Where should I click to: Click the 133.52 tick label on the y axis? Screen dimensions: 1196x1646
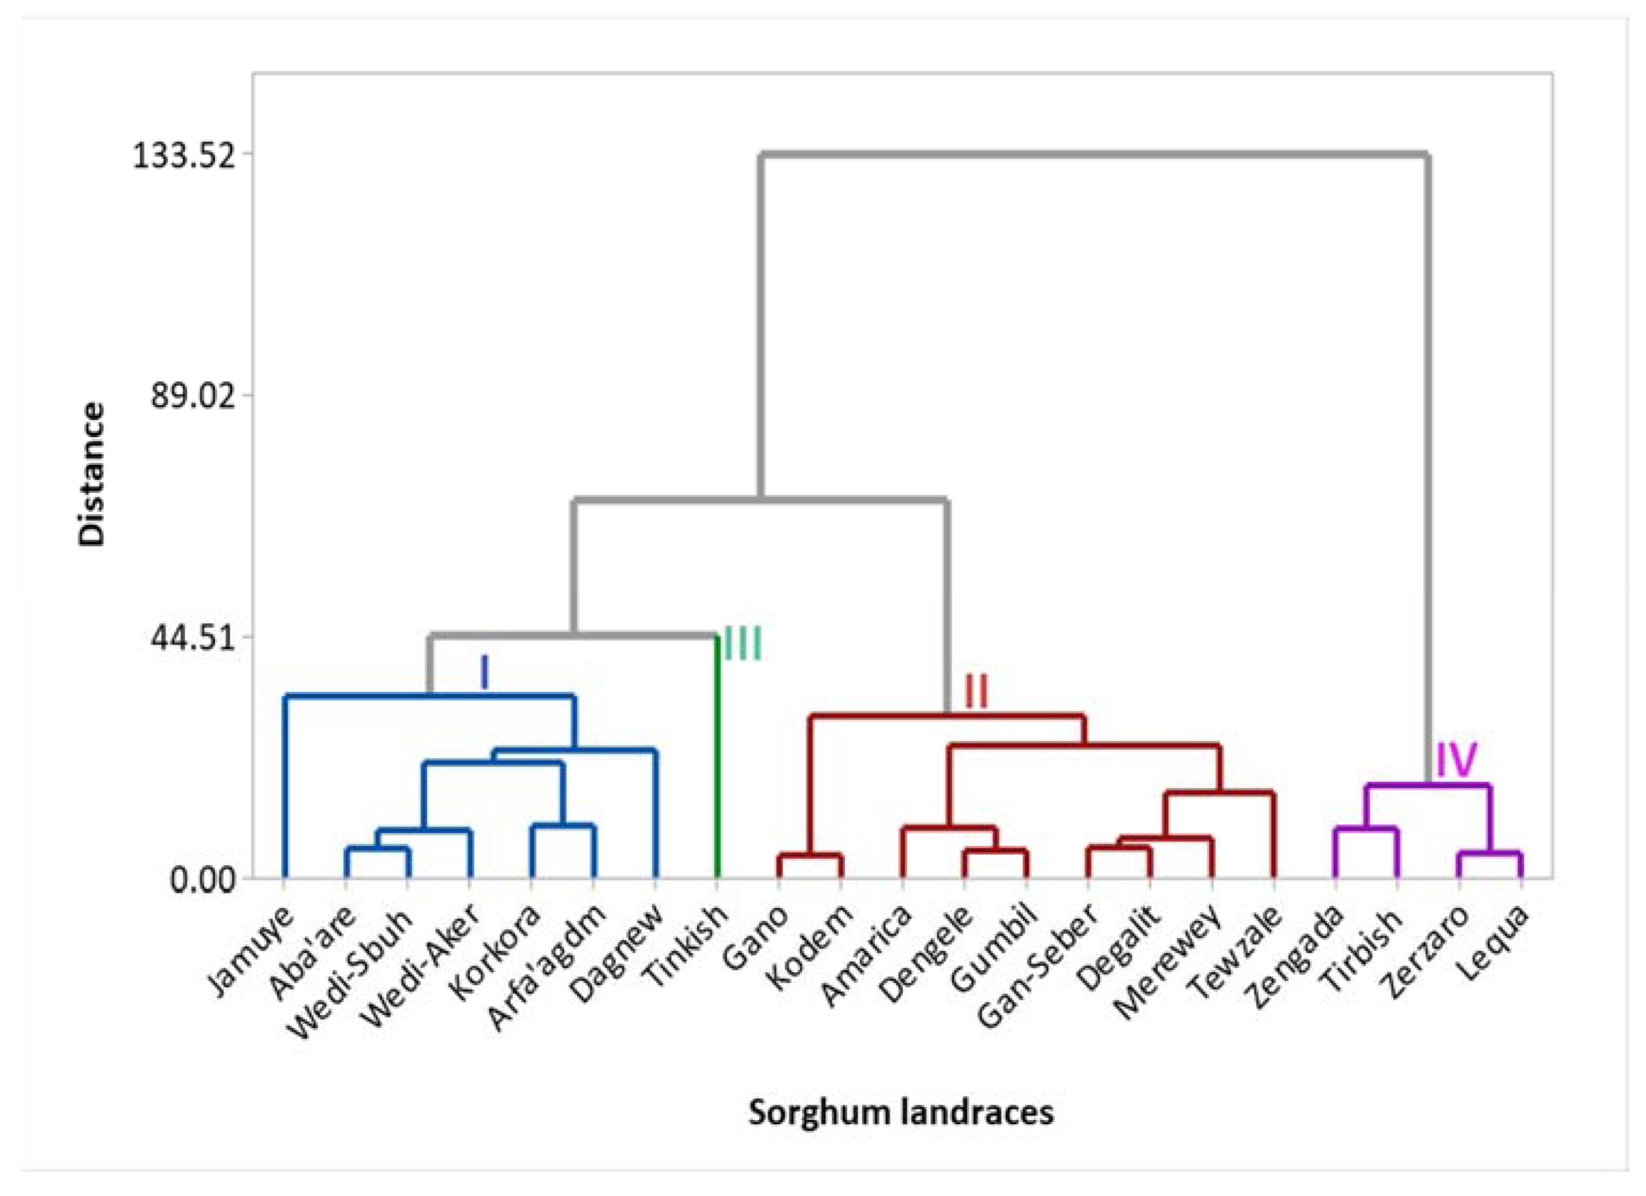pyautogui.click(x=184, y=155)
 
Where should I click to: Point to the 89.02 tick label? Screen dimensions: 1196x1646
pyautogui.click(x=193, y=397)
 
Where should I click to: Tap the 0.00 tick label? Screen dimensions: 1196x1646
pyautogui.click(x=203, y=880)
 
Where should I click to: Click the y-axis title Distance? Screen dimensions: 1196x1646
pyautogui.click(x=92, y=475)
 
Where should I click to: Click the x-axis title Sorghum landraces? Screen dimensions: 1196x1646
pyautogui.click(x=901, y=1111)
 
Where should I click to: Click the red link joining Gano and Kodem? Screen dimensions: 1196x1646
pyautogui.click(x=809, y=855)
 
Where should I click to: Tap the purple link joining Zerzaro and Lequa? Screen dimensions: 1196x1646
pyautogui.click(x=1489, y=854)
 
